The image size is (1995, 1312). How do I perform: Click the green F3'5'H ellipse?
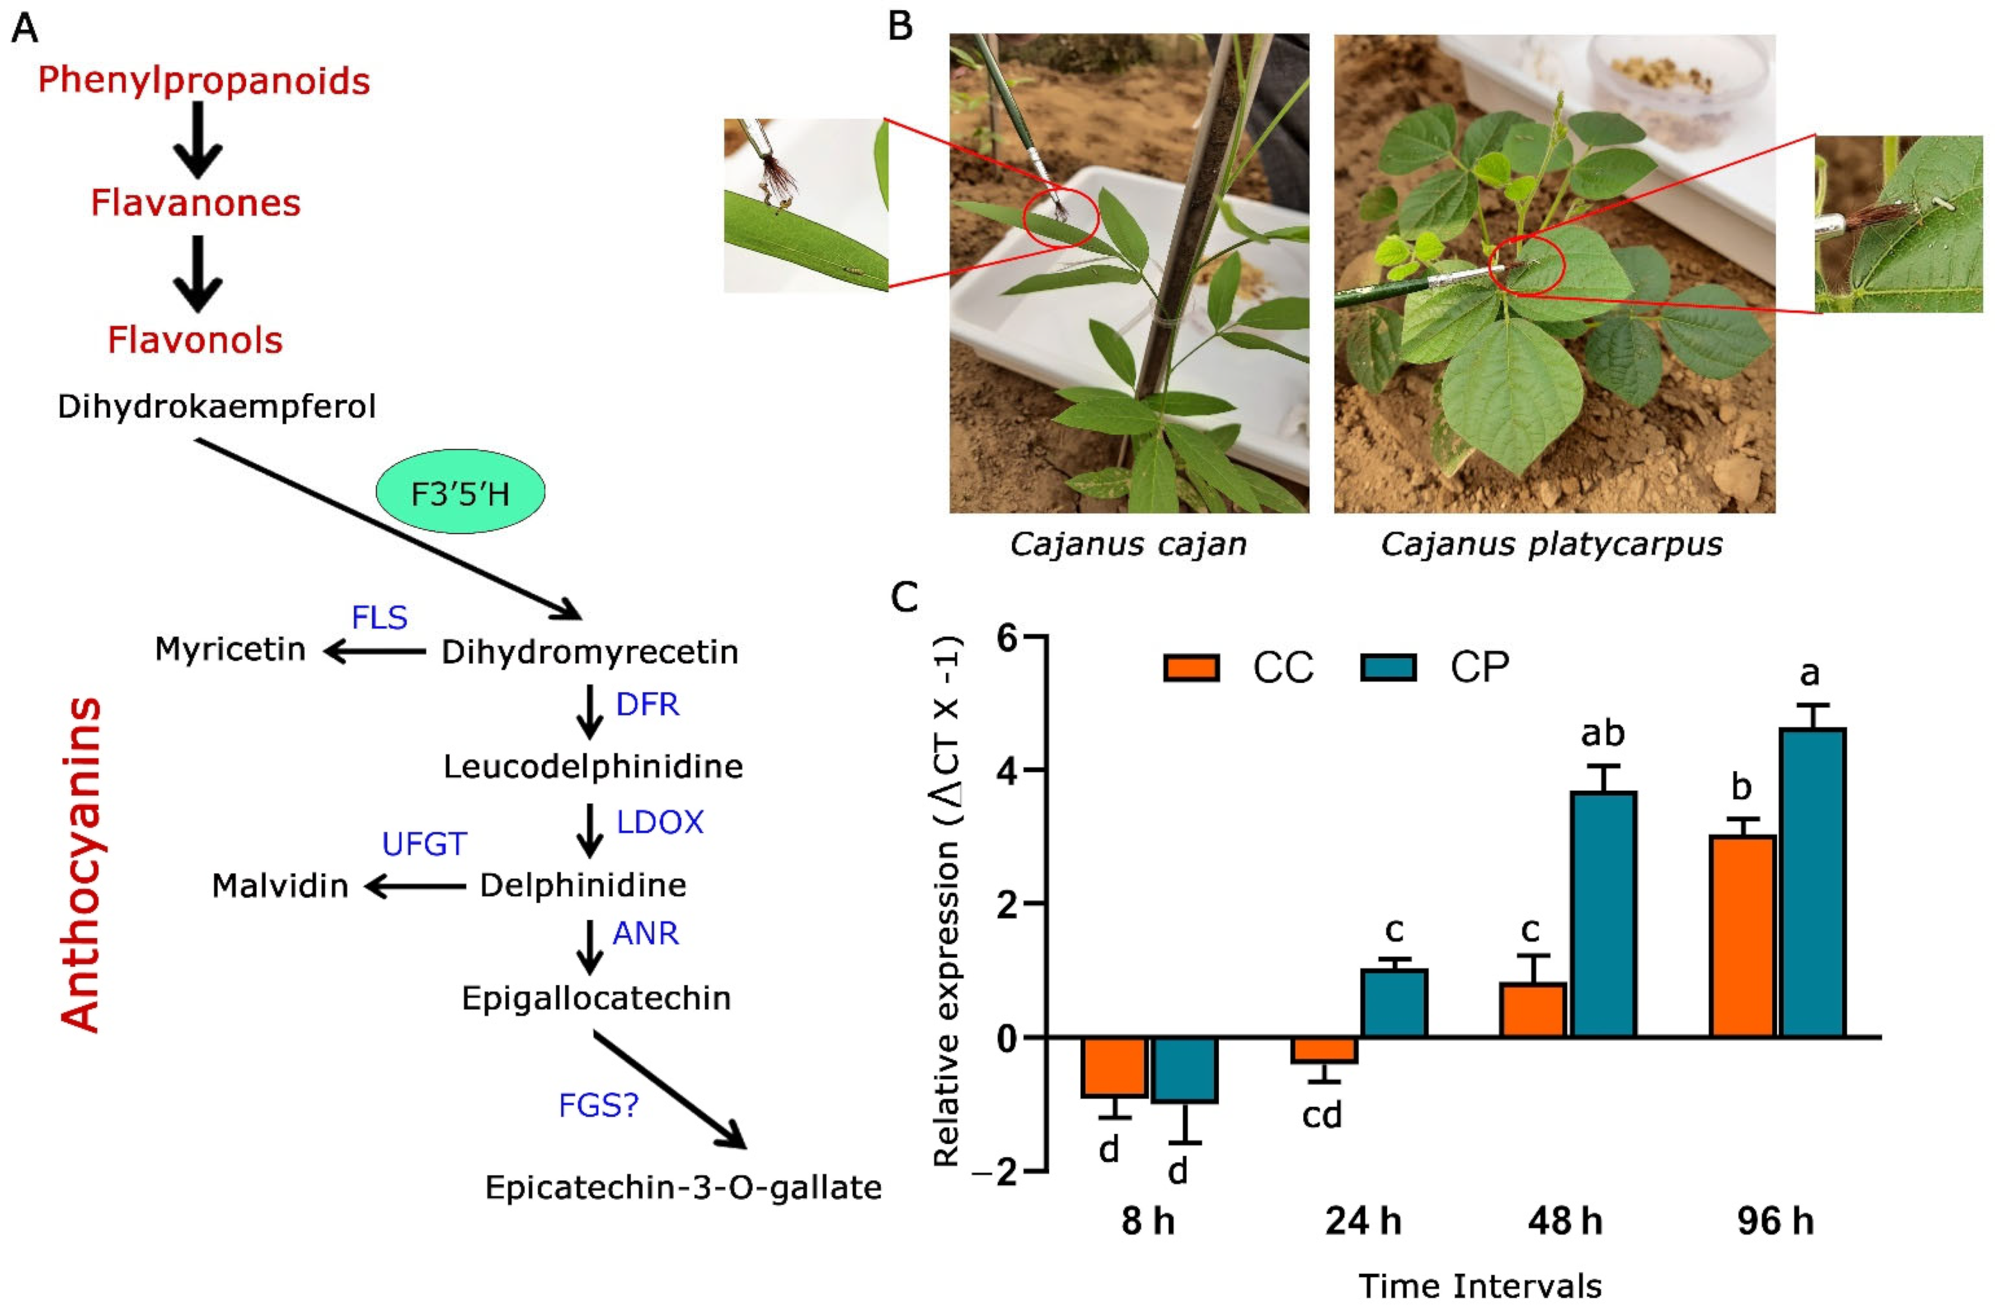click(460, 492)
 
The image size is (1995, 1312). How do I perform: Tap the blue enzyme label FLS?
click(379, 618)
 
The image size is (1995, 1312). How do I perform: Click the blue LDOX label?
click(660, 822)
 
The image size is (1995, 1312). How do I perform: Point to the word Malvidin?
click(280, 886)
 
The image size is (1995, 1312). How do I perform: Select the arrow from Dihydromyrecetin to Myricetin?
click(374, 651)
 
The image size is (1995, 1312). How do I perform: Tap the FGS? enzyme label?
click(598, 1106)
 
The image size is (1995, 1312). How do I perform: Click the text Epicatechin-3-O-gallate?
click(683, 1188)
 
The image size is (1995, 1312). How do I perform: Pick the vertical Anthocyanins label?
click(82, 863)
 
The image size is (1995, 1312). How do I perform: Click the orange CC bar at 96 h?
click(1742, 936)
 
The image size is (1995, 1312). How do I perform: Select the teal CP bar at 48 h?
click(1603, 914)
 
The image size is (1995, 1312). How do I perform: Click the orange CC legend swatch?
click(1191, 668)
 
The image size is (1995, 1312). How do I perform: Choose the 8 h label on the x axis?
click(1148, 1220)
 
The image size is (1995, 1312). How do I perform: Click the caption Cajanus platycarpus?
click(1552, 545)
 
